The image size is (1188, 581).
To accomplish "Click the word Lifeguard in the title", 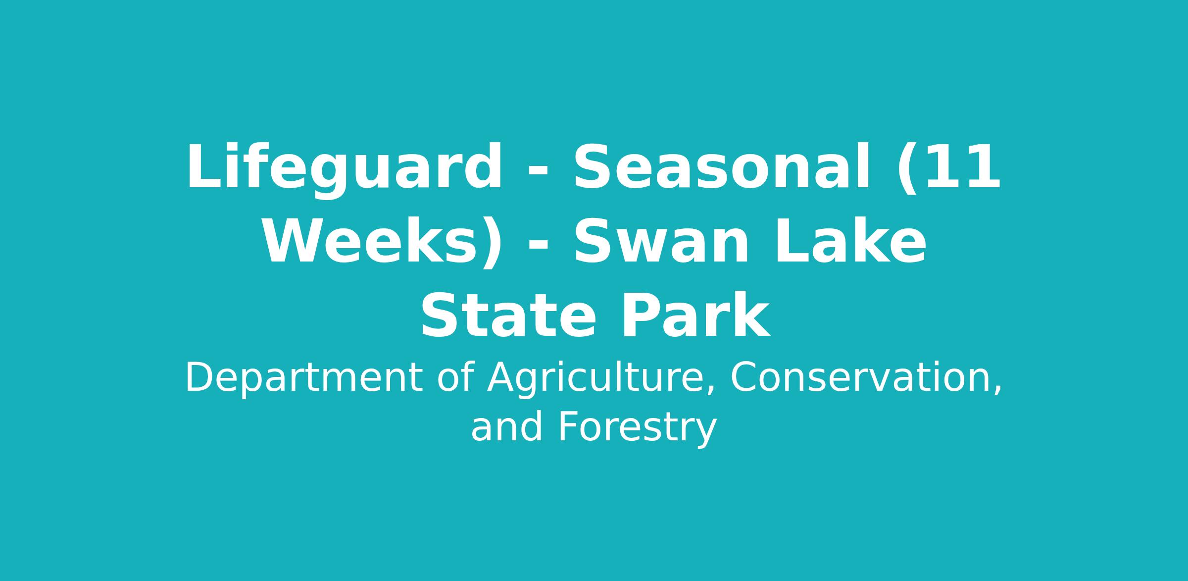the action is coord(345,170).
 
